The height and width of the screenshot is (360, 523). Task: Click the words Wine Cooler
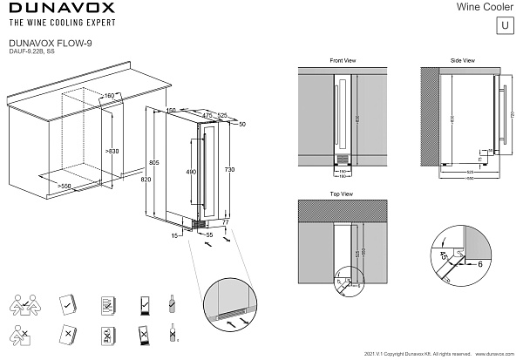pyautogui.click(x=485, y=7)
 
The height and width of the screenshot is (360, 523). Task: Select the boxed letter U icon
pyautogui.click(x=504, y=24)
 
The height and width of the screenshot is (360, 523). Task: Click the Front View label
pyautogui.click(x=343, y=61)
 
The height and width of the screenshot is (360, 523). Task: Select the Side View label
pyautogui.click(x=462, y=61)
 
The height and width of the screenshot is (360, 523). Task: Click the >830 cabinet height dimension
pyautogui.click(x=111, y=152)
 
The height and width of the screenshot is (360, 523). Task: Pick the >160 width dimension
pyautogui.click(x=109, y=95)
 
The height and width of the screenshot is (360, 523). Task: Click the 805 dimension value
pyautogui.click(x=153, y=163)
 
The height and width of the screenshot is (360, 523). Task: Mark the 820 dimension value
pyautogui.click(x=146, y=179)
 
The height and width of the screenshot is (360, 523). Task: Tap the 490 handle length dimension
pyautogui.click(x=191, y=172)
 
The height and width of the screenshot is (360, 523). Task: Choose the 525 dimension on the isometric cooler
pyautogui.click(x=222, y=115)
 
